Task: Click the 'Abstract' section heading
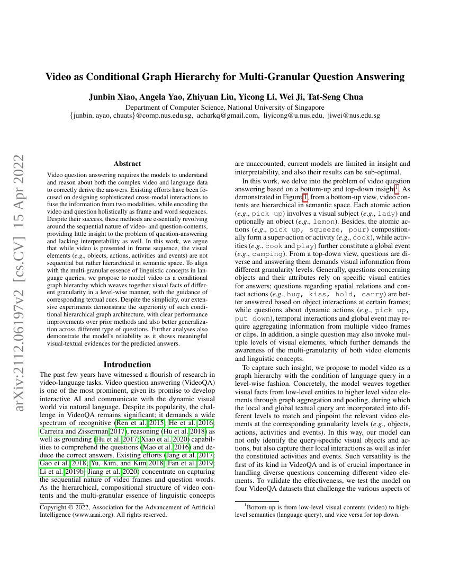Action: [127, 164]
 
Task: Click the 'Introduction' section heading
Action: [127, 365]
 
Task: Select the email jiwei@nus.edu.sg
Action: [354, 116]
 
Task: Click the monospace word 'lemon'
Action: [325, 220]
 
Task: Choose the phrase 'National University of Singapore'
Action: [276, 107]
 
